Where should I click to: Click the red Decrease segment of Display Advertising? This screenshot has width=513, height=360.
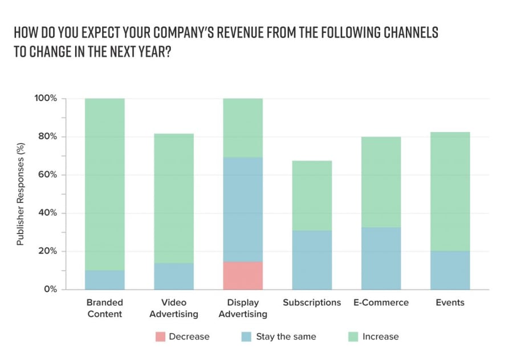click(x=243, y=276)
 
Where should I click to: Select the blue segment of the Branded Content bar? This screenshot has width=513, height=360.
click(x=105, y=280)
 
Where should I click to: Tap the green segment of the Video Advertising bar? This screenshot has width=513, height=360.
click(x=174, y=198)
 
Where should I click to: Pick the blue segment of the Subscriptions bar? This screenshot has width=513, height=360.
click(x=312, y=260)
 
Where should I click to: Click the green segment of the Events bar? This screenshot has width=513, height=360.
click(x=450, y=191)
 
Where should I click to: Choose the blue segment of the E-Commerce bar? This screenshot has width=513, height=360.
click(x=381, y=259)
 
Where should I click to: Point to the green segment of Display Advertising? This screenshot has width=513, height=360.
click(x=243, y=128)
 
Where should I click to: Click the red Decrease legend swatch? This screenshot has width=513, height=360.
click(x=159, y=337)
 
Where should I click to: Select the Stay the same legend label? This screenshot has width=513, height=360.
click(x=286, y=337)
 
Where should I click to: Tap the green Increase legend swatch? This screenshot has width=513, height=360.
click(x=352, y=337)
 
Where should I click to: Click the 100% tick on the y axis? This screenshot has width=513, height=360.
click(x=46, y=99)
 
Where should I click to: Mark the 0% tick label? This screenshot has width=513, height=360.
click(x=50, y=289)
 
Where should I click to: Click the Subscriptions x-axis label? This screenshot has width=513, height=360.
click(x=312, y=302)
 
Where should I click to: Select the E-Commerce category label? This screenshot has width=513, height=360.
click(x=381, y=302)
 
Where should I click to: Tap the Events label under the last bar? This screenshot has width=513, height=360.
click(x=450, y=302)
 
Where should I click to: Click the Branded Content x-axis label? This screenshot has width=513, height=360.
click(x=105, y=308)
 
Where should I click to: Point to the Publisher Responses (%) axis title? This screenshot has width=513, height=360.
click(x=21, y=194)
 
